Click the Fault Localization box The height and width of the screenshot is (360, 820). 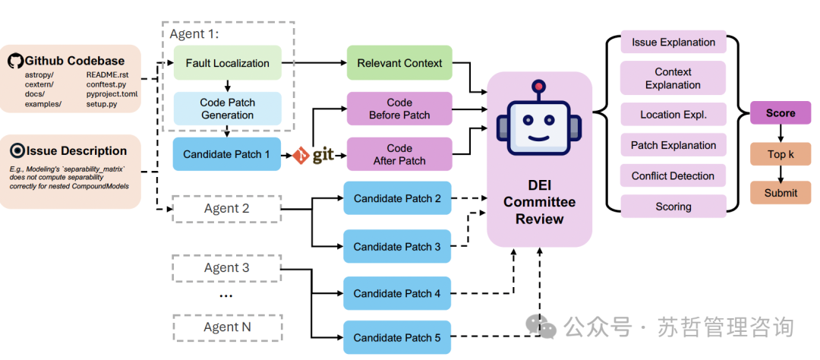tap(227, 63)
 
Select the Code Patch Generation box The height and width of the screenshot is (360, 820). tap(227, 109)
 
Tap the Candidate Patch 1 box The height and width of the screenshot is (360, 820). tap(227, 154)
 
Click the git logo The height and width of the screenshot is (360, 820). tap(314, 156)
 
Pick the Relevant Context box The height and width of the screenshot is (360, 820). tap(399, 63)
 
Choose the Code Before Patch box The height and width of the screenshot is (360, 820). tap(399, 109)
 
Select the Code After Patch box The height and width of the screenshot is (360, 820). tap(399, 154)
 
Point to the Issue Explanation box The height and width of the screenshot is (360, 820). tap(673, 42)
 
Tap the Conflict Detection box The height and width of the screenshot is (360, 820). tap(673, 175)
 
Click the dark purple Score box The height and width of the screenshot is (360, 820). tap(780, 113)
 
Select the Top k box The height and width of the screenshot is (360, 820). tap(780, 154)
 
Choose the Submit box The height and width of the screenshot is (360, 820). tap(780, 192)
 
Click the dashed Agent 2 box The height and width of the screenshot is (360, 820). tap(226, 208)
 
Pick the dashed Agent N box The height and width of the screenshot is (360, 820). tap(226, 327)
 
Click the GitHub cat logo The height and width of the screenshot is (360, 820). tap(15, 61)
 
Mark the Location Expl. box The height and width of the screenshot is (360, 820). tap(673, 115)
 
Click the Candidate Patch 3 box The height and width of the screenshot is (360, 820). tap(397, 247)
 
